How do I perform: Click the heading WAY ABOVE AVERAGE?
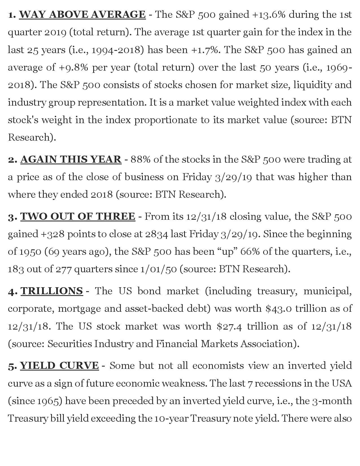tap(82, 14)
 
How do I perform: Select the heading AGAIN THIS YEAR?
tap(71, 160)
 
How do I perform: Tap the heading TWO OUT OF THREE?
tap(78, 216)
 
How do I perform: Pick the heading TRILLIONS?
tap(52, 291)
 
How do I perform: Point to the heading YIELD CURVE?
tap(59, 365)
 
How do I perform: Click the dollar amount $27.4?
tap(229, 326)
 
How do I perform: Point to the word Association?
tap(269, 344)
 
